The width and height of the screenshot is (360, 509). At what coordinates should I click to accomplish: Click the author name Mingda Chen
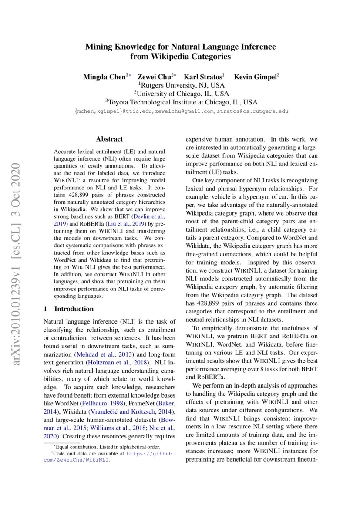click(104, 77)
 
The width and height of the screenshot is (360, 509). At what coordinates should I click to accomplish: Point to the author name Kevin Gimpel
click(255, 77)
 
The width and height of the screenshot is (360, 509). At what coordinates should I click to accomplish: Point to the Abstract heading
click(109, 139)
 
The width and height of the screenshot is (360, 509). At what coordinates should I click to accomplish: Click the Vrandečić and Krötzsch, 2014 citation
click(132, 411)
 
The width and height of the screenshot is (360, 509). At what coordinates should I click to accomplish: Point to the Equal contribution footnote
click(106, 447)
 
